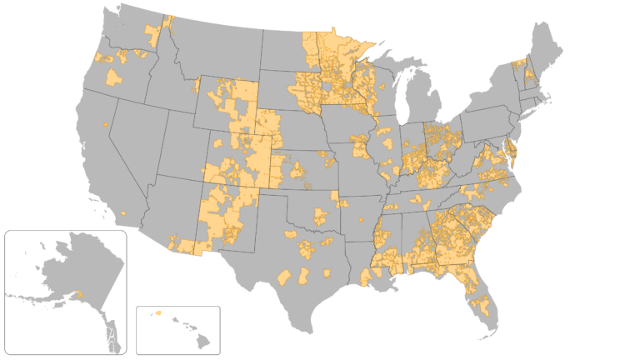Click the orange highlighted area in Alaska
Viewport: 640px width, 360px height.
click(x=80, y=294)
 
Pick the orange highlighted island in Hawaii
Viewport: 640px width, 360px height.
click(x=157, y=312)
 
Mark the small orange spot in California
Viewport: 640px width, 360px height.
click(x=106, y=125)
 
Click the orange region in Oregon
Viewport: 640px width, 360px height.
click(x=112, y=77)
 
